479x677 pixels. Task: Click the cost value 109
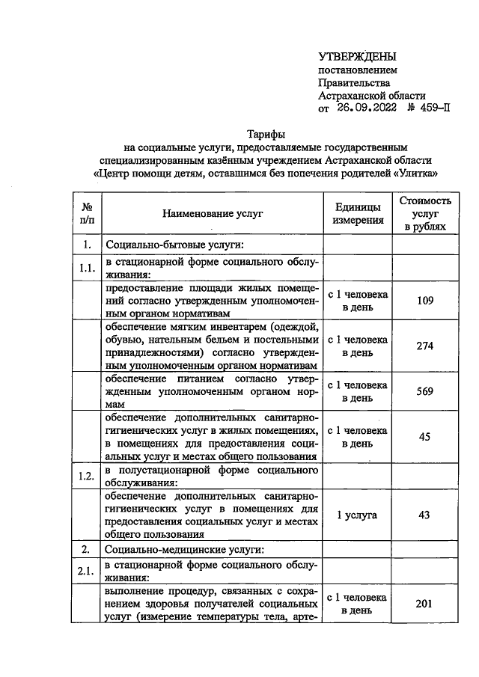424,301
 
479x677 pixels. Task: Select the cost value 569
424,391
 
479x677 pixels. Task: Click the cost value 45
424,437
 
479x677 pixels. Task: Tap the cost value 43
424,515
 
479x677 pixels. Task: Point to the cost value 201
424,604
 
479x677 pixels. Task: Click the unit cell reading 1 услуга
358,515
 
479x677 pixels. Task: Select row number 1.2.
87,476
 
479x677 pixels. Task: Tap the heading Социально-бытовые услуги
177,245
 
